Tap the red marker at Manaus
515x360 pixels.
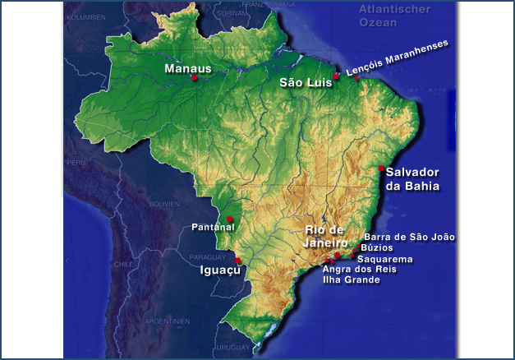(194, 78)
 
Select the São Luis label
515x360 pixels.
(305, 83)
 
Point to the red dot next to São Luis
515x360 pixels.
(336, 76)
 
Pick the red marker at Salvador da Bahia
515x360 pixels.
(381, 168)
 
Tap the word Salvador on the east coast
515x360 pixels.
(412, 173)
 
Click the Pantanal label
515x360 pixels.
(213, 227)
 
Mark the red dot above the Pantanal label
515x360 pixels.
(230, 219)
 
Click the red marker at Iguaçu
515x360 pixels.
(237, 260)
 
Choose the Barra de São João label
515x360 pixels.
(409, 237)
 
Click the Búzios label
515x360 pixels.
(377, 247)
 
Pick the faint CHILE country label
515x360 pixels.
(124, 264)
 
